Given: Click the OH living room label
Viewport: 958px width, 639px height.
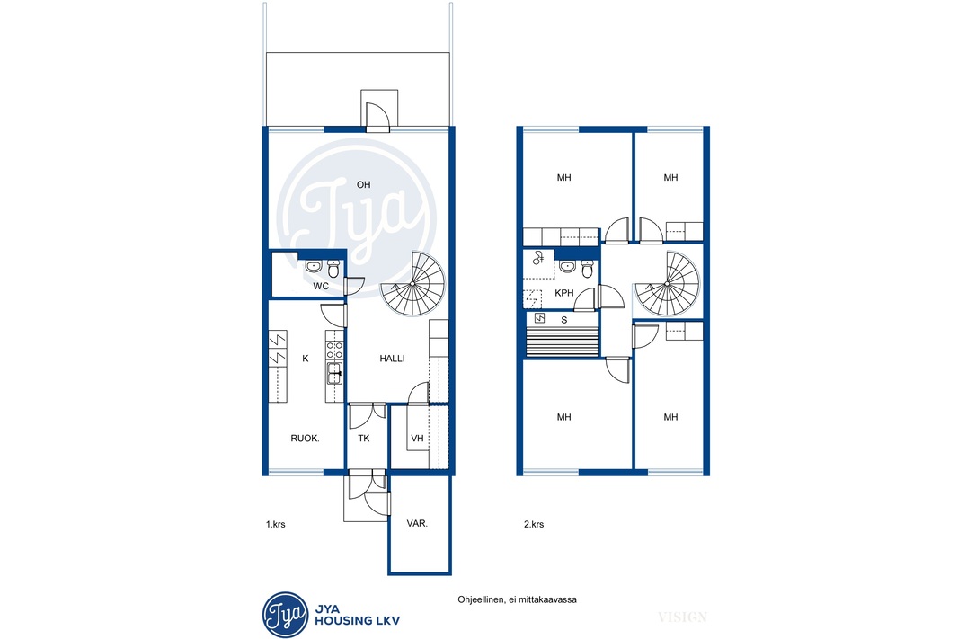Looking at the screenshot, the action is (x=364, y=184).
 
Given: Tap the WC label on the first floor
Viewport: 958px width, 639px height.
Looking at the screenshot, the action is (x=321, y=286).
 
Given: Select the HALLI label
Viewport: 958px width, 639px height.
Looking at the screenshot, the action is (x=392, y=359).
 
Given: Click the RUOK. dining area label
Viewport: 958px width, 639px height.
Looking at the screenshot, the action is (x=305, y=438).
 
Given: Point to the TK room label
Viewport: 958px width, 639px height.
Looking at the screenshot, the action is (x=364, y=438).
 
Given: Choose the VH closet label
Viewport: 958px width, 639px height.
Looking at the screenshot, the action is (x=417, y=438).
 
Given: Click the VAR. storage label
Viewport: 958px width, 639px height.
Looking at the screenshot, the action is (x=417, y=524).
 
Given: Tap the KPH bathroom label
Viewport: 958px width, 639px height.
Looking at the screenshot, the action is (x=563, y=293).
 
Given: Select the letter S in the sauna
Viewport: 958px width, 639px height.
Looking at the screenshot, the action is (x=563, y=320).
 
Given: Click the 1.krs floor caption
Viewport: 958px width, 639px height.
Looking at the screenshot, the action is (x=276, y=524).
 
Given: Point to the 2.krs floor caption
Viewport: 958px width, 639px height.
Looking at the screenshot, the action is (x=534, y=524).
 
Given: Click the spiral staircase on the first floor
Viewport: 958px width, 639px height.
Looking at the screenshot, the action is (x=413, y=283).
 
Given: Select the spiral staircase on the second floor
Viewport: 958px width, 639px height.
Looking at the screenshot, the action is (x=667, y=283).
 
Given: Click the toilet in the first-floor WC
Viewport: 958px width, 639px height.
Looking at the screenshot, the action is (x=333, y=268).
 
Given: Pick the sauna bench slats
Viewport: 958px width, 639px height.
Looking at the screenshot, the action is (x=562, y=341).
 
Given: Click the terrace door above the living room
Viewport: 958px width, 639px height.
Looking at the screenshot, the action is (x=377, y=117).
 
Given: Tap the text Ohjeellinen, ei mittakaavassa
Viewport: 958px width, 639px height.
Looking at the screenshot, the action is (x=517, y=599).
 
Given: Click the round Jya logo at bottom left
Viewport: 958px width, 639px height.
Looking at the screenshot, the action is (x=285, y=615).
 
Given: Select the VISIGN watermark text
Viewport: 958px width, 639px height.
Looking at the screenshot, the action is (x=682, y=617).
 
